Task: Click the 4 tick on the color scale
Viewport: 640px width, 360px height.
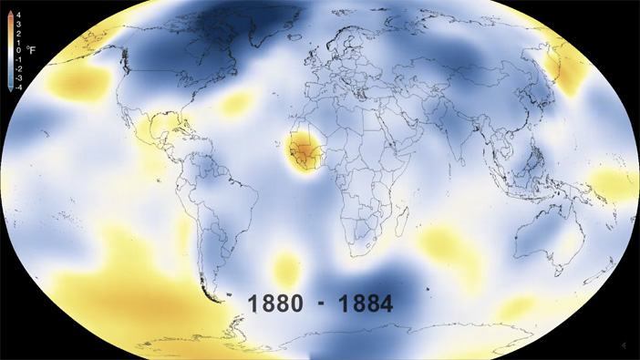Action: [x=18, y=15]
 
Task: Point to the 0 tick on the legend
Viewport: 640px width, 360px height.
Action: [x=18, y=50]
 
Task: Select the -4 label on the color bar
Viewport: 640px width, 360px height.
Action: [x=18, y=87]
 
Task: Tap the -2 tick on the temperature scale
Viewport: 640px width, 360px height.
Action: [x=18, y=68]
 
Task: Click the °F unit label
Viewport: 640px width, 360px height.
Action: [x=30, y=50]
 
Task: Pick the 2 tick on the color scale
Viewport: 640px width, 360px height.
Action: [x=18, y=33]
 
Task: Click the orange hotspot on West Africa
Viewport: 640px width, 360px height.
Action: [x=300, y=149]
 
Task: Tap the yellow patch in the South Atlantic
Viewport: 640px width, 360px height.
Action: [x=286, y=268]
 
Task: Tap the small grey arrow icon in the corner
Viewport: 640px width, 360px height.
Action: [x=623, y=345]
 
